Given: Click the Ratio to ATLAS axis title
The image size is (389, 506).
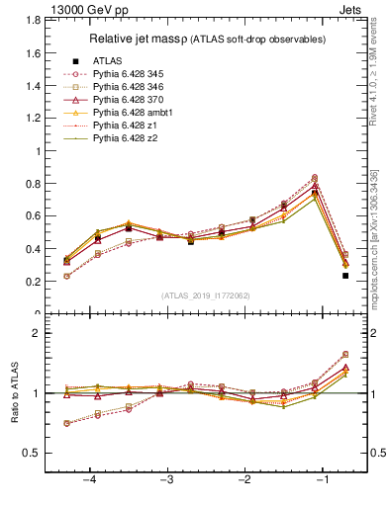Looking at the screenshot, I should click(15, 393).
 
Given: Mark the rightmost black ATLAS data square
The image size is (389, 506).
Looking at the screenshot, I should click(345, 276).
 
